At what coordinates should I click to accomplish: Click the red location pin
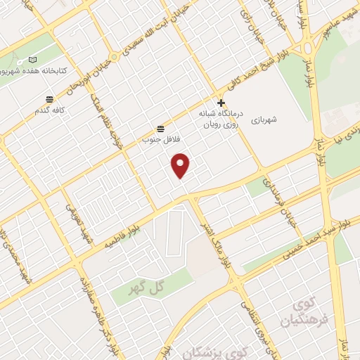pos(181,165)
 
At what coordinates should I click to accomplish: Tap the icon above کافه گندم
pos(49,99)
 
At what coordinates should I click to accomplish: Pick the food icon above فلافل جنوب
pos(161,128)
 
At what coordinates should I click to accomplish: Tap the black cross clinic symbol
pos(221,103)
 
